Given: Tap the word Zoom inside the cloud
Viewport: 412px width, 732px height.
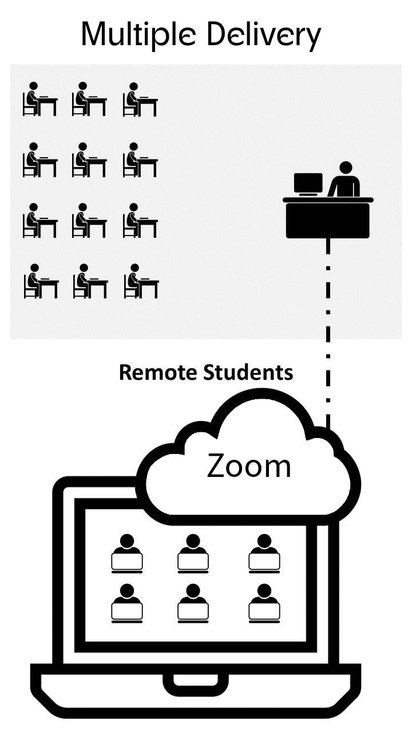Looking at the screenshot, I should tap(249, 466).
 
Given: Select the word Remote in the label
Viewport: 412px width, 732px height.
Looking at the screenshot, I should tap(159, 372).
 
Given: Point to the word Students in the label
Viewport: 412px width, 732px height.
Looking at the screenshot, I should tap(248, 372).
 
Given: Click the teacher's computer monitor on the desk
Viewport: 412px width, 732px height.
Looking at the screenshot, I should tap(308, 184).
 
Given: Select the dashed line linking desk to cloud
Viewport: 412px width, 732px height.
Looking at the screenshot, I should tap(328, 332).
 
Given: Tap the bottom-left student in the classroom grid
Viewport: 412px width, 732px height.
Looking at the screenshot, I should tap(40, 281).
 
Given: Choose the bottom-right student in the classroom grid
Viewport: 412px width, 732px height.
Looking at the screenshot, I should tap(141, 281).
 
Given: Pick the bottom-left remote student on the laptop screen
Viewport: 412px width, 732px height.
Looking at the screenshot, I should tap(126, 602).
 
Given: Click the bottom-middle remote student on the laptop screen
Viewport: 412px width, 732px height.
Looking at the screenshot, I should tap(193, 602).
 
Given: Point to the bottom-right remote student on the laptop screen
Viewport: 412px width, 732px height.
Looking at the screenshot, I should tap(264, 602).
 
